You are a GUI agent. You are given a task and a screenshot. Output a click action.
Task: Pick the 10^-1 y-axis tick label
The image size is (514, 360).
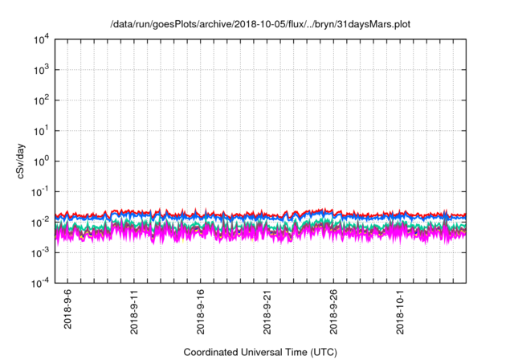[39, 191]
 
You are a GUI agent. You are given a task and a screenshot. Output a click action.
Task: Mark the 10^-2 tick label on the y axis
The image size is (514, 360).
[39, 222]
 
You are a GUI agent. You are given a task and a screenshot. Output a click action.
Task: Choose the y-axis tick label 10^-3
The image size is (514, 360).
[39, 252]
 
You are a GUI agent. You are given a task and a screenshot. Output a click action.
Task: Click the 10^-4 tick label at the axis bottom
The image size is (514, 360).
[39, 282]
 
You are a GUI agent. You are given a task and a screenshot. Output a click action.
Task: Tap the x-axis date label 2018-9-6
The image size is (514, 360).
[67, 309]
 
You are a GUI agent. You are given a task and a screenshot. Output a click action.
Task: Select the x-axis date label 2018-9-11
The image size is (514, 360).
[134, 311]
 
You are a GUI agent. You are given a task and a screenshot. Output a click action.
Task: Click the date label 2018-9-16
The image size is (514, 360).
[201, 311]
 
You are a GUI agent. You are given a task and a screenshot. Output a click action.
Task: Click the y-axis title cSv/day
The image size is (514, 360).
[16, 162]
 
